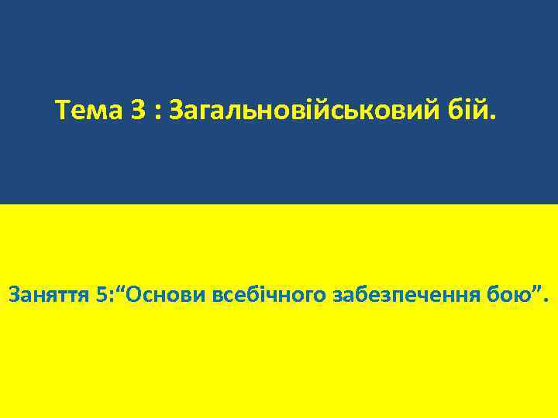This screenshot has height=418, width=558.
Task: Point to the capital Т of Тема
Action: [63, 113]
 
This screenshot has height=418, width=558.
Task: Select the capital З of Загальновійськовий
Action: [174, 113]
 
